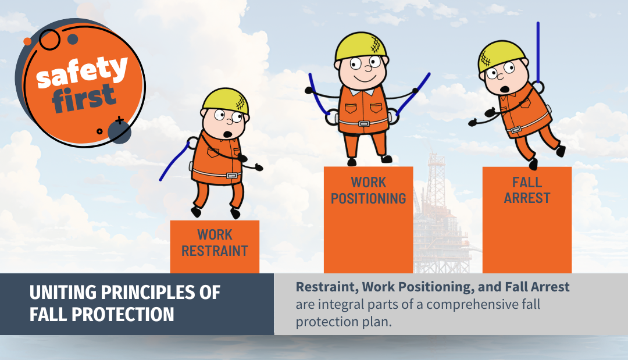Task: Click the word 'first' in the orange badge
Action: pos(84,99)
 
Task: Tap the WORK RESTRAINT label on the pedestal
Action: pos(215,243)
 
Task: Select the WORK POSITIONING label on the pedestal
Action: pos(368,191)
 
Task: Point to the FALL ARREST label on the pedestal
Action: pos(527,191)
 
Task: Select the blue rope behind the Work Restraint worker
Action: pos(174,163)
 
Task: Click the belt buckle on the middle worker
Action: pos(363,123)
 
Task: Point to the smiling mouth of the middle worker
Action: pos(362,76)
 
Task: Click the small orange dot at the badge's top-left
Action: pos(27,41)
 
